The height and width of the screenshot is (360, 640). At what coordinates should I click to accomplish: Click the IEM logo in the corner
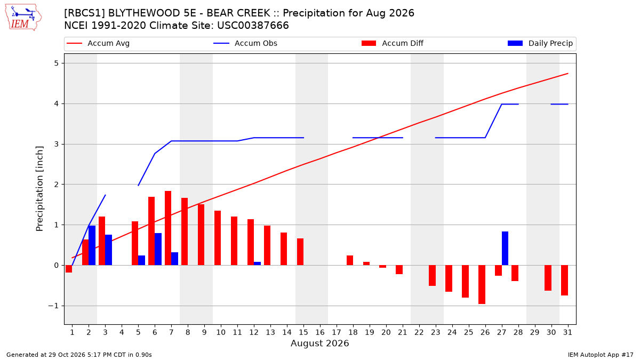click(23, 18)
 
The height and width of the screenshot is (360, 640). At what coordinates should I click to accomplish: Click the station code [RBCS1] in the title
click(85, 13)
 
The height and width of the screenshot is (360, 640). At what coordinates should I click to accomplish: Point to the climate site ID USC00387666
click(253, 26)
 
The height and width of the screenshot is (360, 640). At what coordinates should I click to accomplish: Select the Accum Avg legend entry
click(98, 43)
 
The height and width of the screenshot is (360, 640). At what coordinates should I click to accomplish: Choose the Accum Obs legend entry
click(245, 43)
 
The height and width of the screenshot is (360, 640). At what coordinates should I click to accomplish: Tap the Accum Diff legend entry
click(393, 43)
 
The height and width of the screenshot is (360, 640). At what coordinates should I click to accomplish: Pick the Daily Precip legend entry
click(540, 43)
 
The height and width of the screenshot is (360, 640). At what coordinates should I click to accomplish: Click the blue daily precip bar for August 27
click(505, 249)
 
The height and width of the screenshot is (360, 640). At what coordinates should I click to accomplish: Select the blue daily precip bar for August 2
click(92, 245)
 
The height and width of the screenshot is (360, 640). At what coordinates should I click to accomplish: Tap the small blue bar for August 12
click(257, 263)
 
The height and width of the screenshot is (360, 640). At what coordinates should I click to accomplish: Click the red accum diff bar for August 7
click(168, 228)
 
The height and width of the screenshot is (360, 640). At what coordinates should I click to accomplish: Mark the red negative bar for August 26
click(482, 285)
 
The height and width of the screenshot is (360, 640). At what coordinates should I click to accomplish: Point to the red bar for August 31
click(564, 281)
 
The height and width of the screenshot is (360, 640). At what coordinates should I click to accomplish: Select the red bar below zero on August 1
click(69, 269)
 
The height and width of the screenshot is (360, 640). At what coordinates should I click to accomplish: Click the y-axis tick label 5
click(57, 63)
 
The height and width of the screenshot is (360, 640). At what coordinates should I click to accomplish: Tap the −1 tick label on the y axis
click(53, 306)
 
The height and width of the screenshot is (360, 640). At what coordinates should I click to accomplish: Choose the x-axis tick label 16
click(320, 332)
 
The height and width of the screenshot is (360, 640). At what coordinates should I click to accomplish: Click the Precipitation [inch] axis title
click(39, 189)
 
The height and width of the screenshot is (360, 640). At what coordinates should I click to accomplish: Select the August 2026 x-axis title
click(319, 343)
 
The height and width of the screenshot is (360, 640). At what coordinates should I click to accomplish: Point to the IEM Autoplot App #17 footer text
click(601, 355)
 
